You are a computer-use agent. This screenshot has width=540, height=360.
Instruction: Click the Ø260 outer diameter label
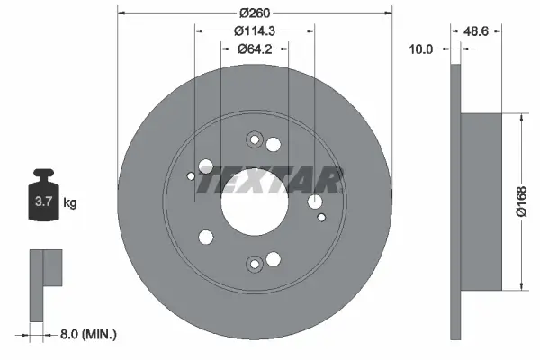tap(256, 13)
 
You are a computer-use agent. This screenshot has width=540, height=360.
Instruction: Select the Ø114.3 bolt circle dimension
tap(255, 31)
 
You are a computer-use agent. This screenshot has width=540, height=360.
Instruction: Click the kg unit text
tap(70, 203)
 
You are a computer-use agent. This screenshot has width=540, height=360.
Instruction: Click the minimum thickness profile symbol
tap(42, 283)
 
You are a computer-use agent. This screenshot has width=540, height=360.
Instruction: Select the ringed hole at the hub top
tap(253, 140)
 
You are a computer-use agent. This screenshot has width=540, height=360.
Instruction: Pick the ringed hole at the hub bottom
tap(255, 263)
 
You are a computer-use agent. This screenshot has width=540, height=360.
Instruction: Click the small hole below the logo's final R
tap(321, 216)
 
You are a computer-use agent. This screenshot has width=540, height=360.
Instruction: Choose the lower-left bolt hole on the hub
tap(205, 237)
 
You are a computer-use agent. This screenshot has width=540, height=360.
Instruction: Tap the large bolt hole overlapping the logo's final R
tap(314, 202)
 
